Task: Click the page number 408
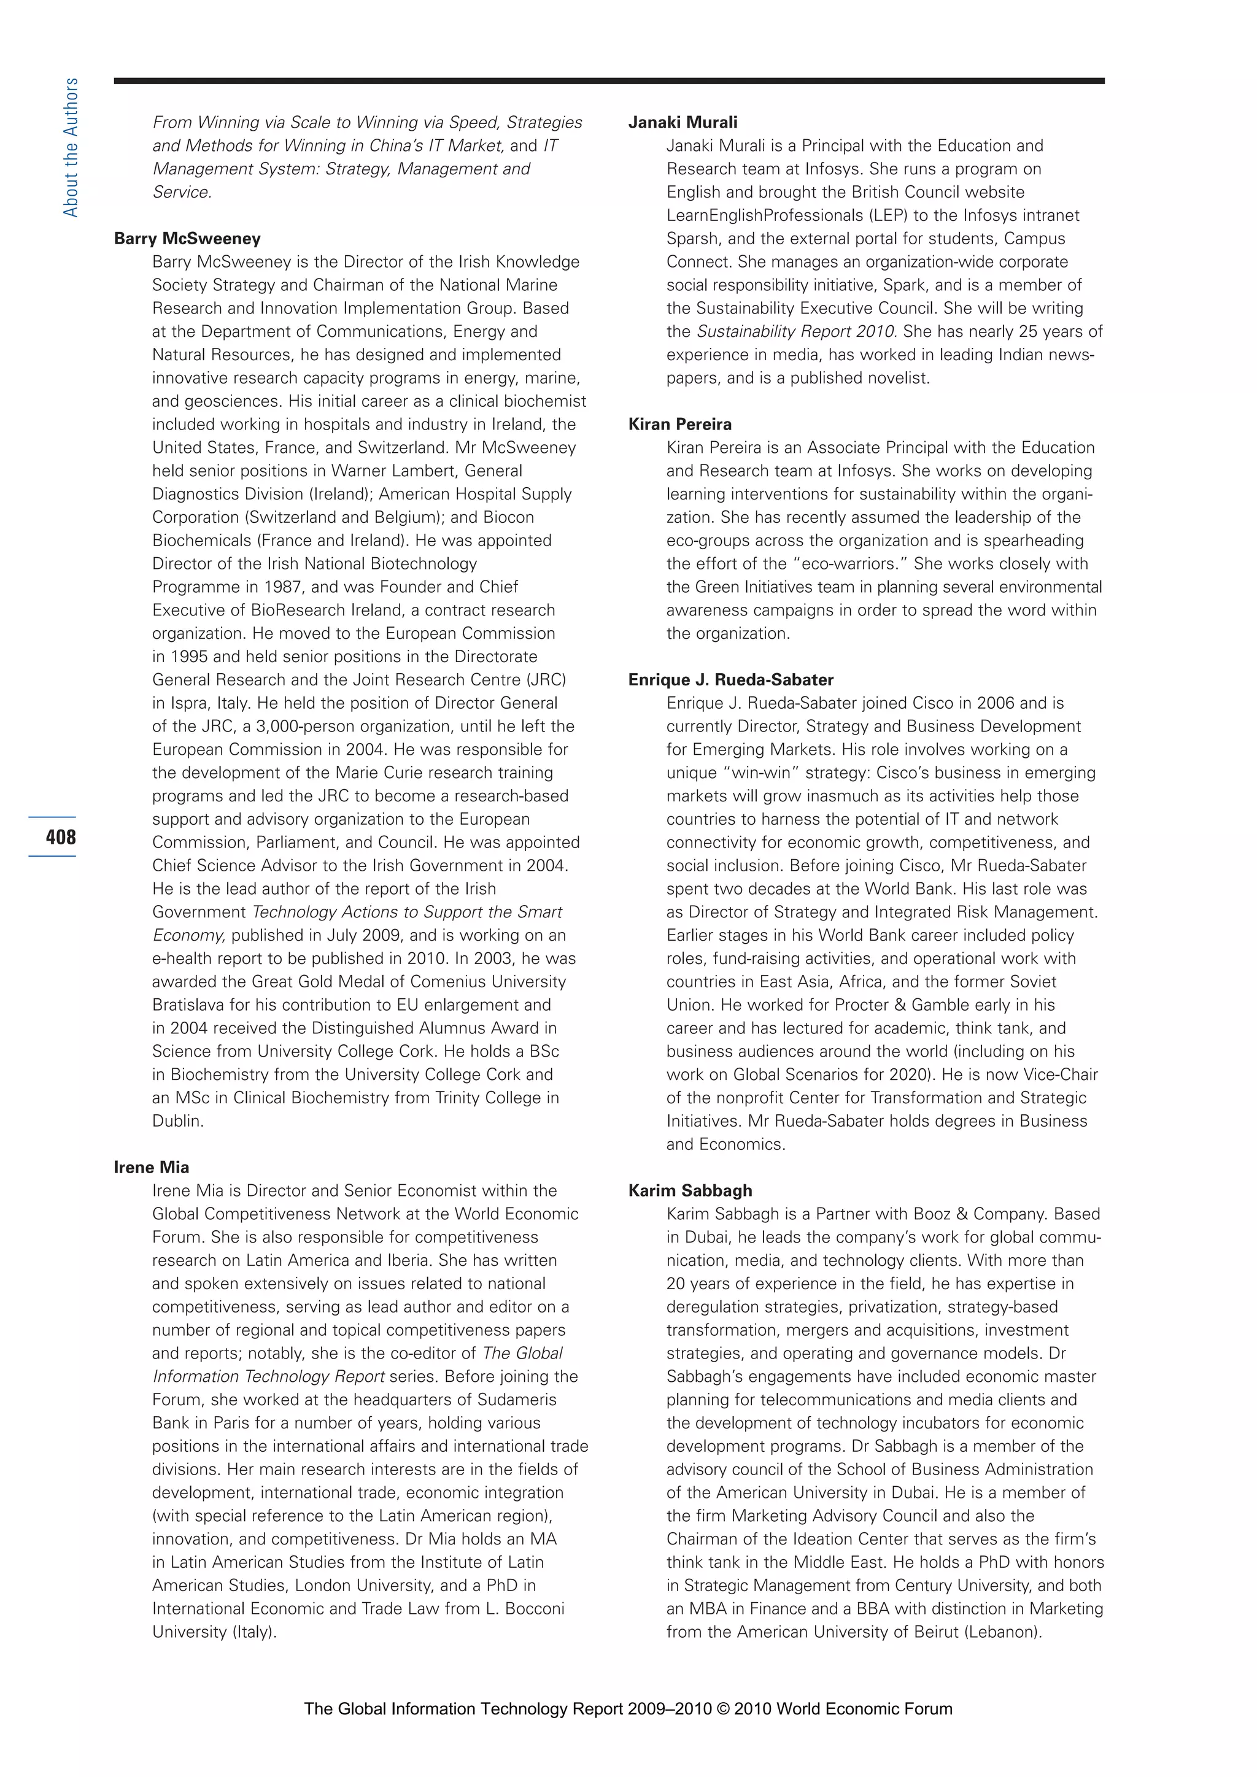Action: (60, 836)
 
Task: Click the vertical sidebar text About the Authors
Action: (71, 147)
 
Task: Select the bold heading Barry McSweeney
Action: (187, 238)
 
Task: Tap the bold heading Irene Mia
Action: (151, 1167)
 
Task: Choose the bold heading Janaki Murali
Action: (683, 122)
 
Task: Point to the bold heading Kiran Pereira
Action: (679, 424)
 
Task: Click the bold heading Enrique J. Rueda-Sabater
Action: (730, 679)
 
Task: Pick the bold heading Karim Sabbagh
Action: (690, 1190)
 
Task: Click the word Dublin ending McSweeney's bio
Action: (177, 1120)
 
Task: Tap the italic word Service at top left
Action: (181, 192)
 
